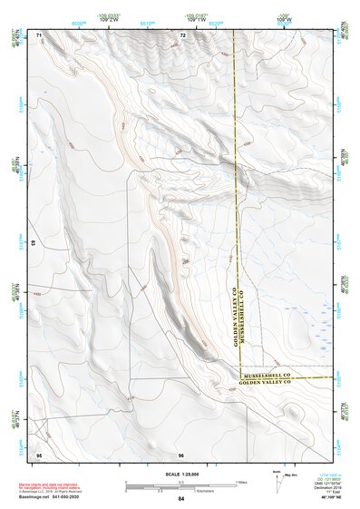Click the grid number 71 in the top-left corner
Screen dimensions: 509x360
(39, 34)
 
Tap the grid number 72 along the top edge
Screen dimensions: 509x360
(182, 34)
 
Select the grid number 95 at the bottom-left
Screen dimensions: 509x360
(39, 453)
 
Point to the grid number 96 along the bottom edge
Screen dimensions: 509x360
(181, 453)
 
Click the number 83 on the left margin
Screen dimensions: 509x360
(34, 244)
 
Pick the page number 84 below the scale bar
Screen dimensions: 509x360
(181, 498)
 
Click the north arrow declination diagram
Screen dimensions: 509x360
(277, 480)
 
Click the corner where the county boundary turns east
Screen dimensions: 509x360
(238, 377)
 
